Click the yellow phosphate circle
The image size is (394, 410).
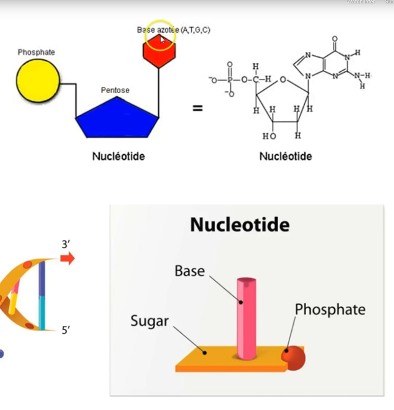(x=38, y=81)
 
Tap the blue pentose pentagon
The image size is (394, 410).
(x=117, y=120)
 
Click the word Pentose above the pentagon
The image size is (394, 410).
(x=115, y=90)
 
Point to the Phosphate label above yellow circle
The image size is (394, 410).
(x=36, y=52)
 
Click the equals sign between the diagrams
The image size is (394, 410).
(x=198, y=108)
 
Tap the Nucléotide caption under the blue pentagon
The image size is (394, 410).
(x=118, y=156)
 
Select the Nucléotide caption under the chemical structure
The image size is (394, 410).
(x=285, y=156)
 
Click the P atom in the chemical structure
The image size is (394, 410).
(x=229, y=80)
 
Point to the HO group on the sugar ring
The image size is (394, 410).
(x=269, y=136)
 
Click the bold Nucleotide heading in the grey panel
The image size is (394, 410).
(x=240, y=225)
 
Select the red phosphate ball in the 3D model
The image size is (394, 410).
(x=294, y=358)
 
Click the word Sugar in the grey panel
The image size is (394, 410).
(x=149, y=321)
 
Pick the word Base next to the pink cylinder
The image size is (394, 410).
(x=189, y=271)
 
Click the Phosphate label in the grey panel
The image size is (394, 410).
(x=330, y=310)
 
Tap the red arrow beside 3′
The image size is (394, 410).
(x=68, y=258)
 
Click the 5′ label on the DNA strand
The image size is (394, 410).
(x=66, y=330)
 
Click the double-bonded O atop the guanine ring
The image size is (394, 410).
(x=335, y=39)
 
